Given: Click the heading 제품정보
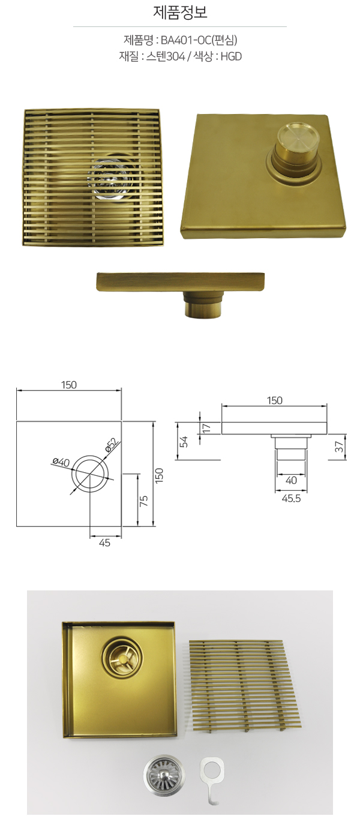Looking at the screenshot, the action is (x=180, y=13).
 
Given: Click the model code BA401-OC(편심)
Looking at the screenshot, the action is (x=199, y=40).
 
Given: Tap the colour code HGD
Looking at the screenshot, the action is (x=231, y=56).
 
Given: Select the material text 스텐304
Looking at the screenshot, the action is (x=166, y=56).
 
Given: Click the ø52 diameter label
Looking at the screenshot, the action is (x=112, y=445).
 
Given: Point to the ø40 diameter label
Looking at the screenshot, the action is (x=61, y=462).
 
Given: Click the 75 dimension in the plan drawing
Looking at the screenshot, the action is (x=144, y=500).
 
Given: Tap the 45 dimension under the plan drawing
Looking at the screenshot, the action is (x=104, y=542).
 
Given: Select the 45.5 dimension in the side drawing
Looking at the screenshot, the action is (x=292, y=499).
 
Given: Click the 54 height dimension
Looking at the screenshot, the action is (x=184, y=442).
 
